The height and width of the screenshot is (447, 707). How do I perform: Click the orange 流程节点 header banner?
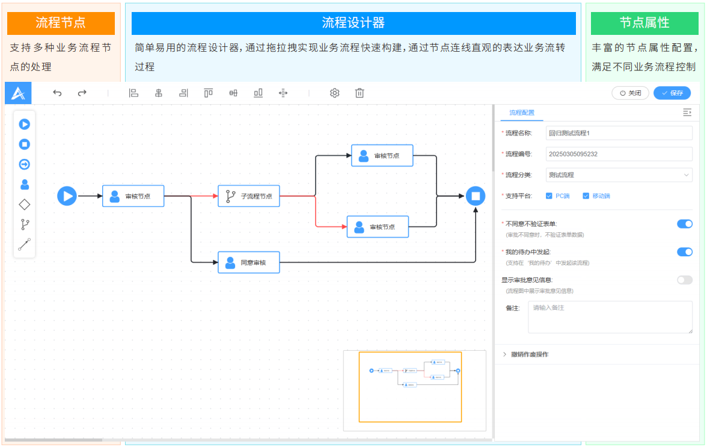61,23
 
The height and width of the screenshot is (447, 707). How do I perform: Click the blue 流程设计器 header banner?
353,23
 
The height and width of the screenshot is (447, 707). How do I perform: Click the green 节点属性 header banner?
644,23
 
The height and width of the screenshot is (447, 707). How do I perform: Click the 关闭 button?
630,93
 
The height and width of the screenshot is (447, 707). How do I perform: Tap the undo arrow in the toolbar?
58,93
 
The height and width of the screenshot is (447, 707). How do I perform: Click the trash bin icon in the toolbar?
360,93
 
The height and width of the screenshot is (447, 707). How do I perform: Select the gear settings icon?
335,93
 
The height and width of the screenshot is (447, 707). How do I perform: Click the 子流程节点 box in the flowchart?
249,196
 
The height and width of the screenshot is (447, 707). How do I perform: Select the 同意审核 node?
249,262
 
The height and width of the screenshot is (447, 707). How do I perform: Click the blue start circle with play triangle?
67,196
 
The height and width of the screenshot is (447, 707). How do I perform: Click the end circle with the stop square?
476,196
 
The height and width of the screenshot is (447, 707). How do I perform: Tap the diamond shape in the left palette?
25,205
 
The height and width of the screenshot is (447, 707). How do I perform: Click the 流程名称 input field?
619,133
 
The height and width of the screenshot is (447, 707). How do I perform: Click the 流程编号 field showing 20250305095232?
619,154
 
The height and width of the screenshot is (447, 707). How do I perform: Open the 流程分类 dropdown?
619,175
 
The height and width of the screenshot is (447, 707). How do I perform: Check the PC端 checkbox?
549,196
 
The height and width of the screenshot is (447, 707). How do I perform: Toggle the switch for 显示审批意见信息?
684,280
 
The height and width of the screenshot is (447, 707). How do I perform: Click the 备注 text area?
610,317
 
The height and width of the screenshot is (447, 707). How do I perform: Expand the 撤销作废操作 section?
505,354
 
